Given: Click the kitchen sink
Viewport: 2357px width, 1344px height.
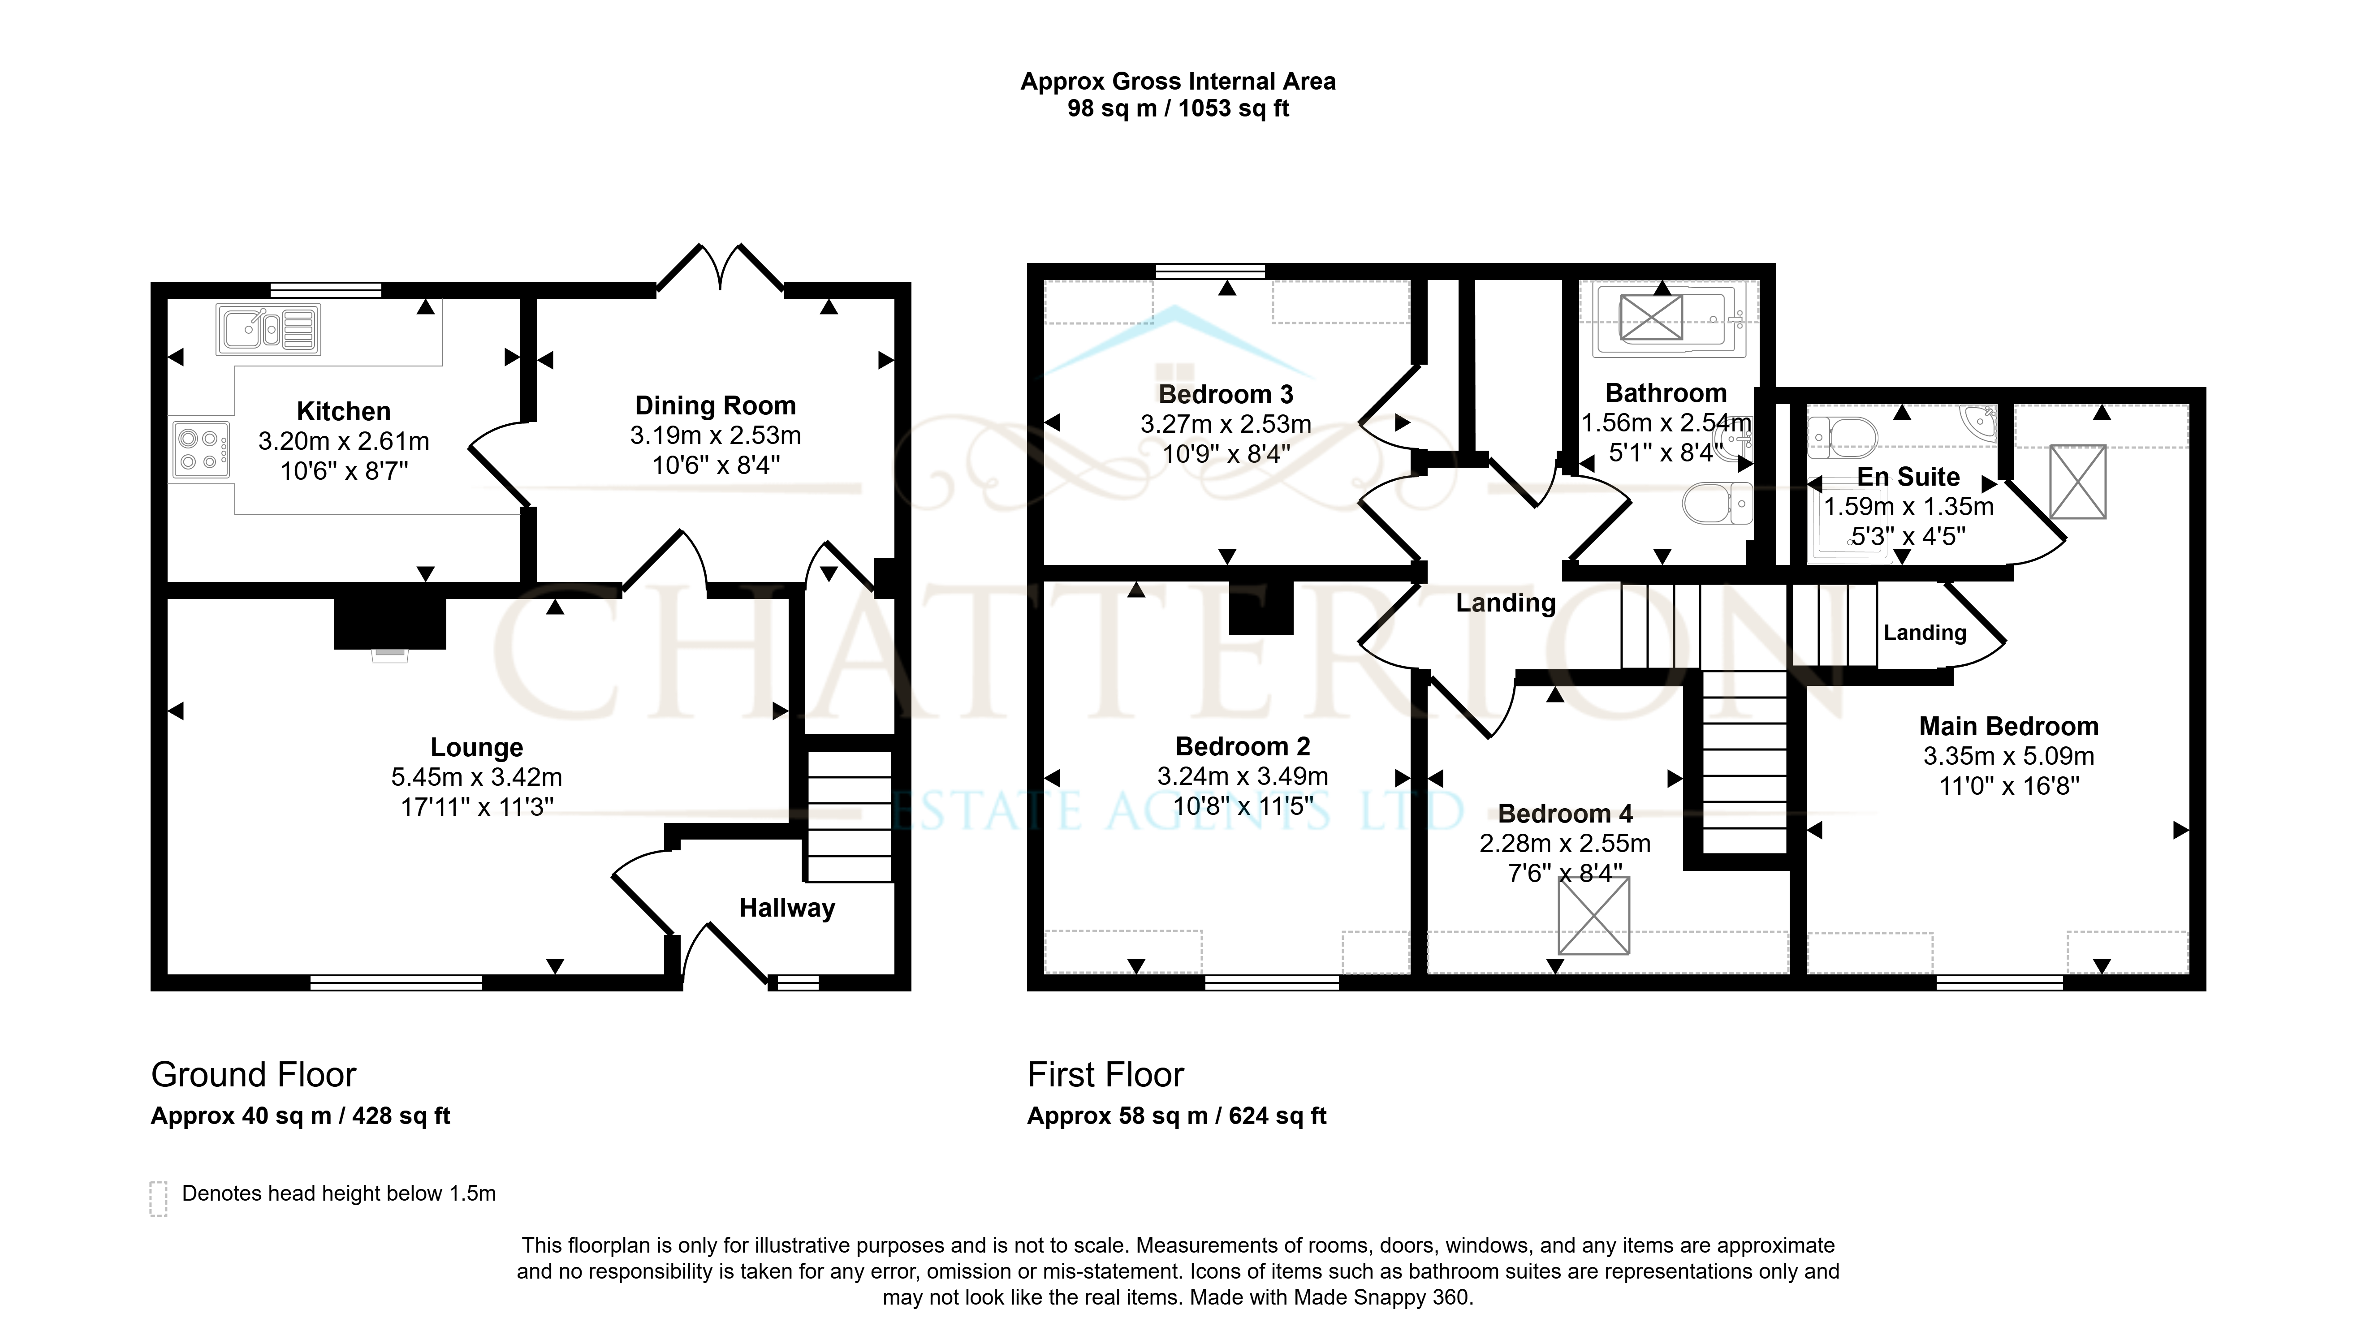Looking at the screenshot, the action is pos(269,330).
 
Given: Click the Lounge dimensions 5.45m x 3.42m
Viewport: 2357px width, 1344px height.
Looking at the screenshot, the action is pos(476,777).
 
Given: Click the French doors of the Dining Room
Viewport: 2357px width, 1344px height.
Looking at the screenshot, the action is pos(720,268).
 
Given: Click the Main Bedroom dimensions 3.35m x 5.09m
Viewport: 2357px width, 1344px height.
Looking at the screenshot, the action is pos(2009,756).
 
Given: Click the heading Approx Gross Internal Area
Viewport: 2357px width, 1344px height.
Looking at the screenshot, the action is pos(1178,82).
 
